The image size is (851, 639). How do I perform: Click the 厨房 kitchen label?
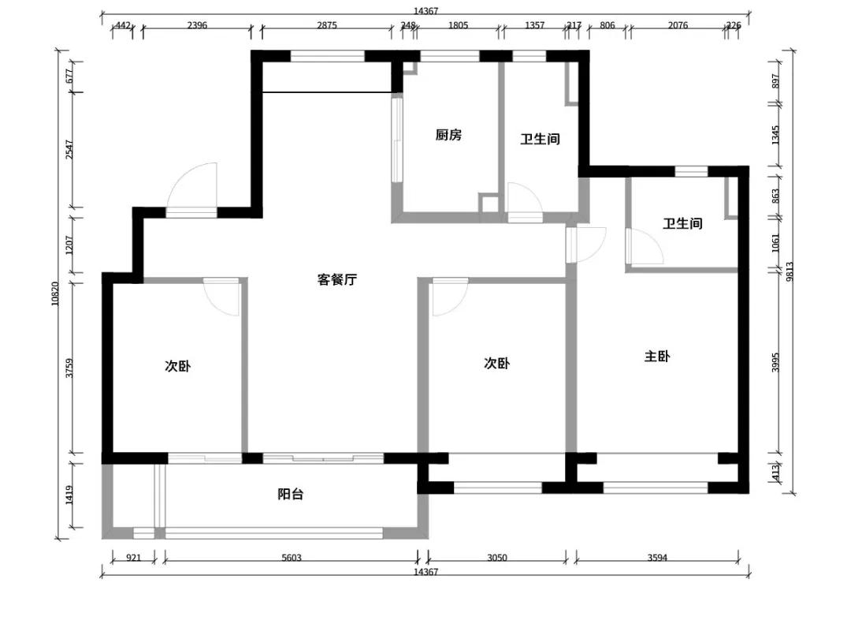point(448,135)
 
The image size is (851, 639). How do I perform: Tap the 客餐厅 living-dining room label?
point(337,279)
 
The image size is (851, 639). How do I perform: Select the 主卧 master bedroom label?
point(657,357)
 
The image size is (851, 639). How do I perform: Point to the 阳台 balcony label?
point(291,495)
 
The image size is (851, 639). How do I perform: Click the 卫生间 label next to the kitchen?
point(540,139)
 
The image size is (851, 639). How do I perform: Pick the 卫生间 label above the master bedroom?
point(682,224)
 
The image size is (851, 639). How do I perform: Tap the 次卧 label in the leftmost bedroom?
point(177,366)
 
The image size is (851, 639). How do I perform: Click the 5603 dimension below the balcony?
point(292,558)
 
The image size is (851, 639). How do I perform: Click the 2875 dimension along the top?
point(327,25)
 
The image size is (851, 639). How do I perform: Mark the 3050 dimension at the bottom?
point(496,558)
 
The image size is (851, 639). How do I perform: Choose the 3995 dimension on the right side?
point(775,363)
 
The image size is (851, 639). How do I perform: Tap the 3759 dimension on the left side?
point(69,368)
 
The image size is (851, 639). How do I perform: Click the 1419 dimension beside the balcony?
point(69,495)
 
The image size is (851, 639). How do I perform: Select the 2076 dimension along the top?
point(678,25)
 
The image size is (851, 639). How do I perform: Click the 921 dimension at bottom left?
point(134,558)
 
